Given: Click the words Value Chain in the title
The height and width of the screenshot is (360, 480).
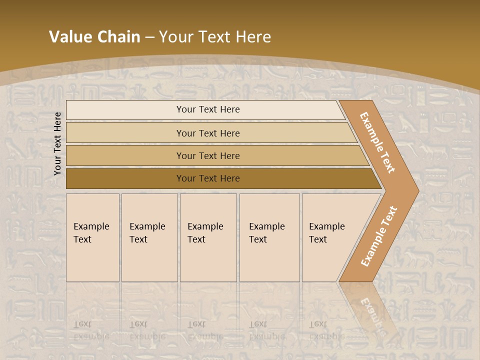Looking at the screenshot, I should tap(94, 37).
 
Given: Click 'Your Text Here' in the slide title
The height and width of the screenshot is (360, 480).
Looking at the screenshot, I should tap(215, 37).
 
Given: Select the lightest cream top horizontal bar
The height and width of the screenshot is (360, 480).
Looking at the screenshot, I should tap(125, 110).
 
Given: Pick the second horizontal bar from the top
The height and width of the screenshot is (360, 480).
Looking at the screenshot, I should tap(125, 133).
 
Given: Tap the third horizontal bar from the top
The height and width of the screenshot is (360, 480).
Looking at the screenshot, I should tap(125, 155).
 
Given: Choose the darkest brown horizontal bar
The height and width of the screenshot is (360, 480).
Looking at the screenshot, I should tap(125, 178).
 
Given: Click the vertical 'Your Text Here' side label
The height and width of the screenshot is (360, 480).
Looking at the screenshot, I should tap(57, 143).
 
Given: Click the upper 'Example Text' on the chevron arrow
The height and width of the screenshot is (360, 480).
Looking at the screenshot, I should tap(377, 142).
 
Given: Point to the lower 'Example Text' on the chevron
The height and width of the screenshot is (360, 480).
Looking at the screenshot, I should tap(379, 236).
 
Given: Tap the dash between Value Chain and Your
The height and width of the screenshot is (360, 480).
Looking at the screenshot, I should tap(149, 37).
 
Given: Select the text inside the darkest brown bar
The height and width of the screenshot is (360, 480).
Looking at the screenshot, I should tap(208, 178).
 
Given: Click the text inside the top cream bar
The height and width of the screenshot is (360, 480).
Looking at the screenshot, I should tap(208, 109).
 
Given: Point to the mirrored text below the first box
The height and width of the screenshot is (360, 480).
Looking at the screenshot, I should tap(91, 330).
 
